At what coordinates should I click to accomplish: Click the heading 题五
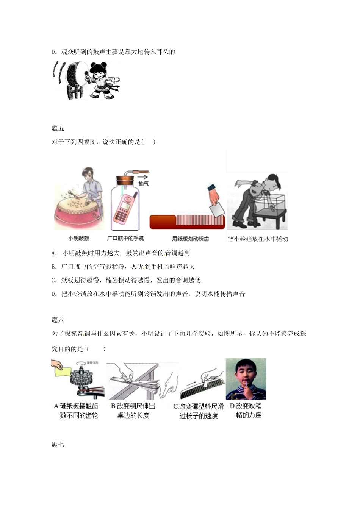[58, 128]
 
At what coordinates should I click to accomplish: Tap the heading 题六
[58, 320]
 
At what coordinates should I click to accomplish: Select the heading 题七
[58, 445]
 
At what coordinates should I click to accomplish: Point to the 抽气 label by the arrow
[144, 183]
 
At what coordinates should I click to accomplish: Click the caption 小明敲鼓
[78, 239]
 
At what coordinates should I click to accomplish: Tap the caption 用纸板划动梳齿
[190, 239]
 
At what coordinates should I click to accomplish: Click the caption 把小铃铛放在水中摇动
[258, 239]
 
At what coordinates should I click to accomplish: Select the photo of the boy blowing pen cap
[246, 379]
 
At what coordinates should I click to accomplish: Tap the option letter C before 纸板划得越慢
[53, 280]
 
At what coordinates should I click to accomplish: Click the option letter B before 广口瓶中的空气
[53, 267]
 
